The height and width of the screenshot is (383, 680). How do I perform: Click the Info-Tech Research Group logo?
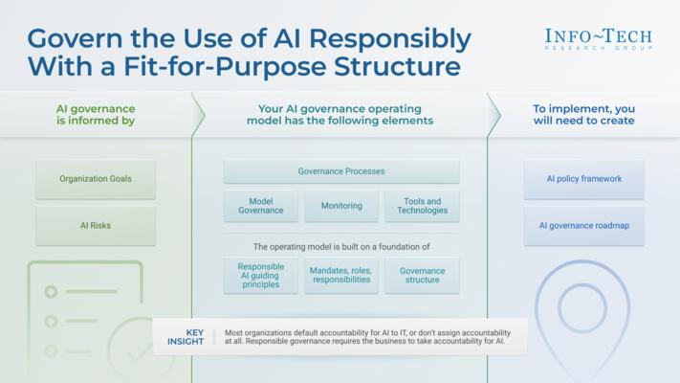coord(598,38)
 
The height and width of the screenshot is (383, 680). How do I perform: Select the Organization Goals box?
coord(96,179)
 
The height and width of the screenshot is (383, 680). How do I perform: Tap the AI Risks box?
coord(96,226)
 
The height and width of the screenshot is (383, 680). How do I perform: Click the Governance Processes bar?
coord(341,172)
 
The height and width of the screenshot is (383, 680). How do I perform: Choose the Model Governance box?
coord(261,206)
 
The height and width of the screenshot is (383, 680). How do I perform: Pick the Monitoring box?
coord(341,206)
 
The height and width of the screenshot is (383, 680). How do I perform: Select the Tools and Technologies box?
coord(422,206)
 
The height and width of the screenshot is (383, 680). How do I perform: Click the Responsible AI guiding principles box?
coord(261,277)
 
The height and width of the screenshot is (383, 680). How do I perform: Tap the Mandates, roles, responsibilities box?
coord(341,277)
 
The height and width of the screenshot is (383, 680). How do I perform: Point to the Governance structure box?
coord(422,277)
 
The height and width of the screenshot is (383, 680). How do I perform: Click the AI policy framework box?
coord(583,179)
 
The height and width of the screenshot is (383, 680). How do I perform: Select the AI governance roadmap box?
coord(583,226)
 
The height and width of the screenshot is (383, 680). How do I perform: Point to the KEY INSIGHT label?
coord(185,338)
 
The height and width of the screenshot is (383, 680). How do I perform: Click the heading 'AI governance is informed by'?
coord(96,115)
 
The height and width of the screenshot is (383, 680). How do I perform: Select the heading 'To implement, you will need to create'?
coord(583,115)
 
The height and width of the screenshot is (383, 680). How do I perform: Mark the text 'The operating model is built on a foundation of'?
coord(341,246)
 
